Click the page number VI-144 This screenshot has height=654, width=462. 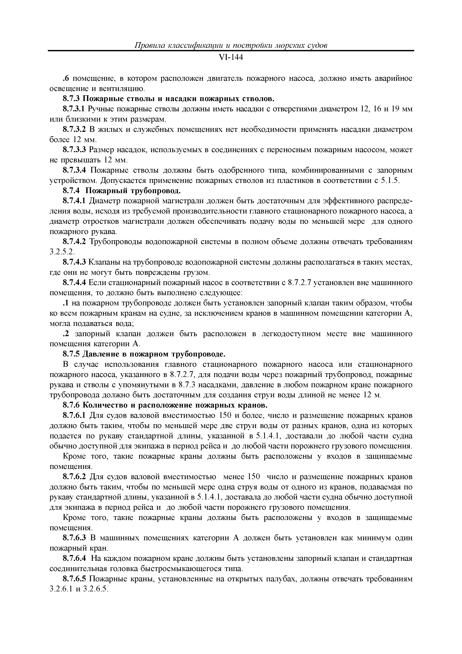(231, 58)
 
